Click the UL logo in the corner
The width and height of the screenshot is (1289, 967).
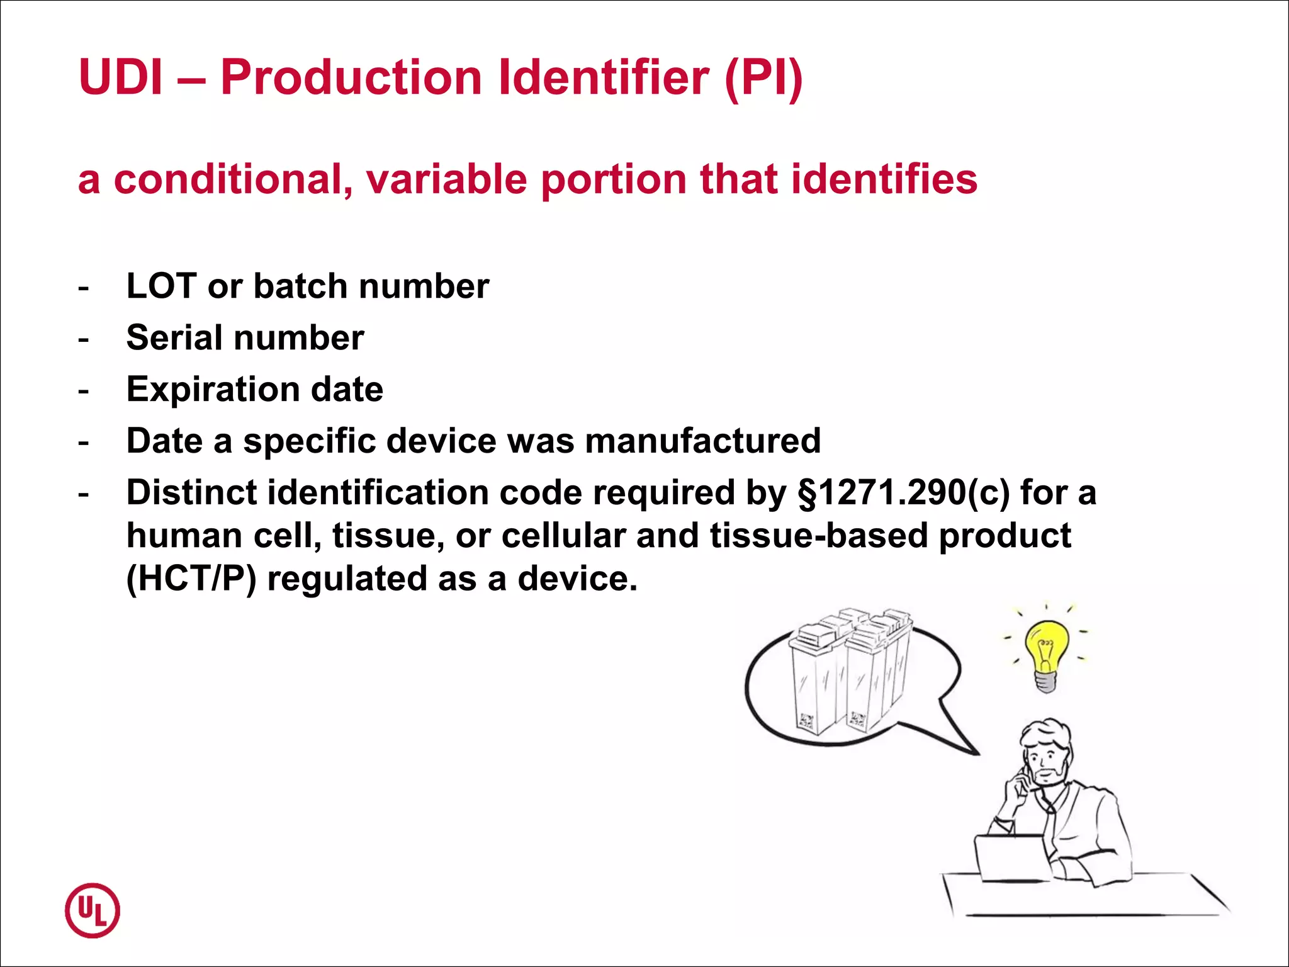92,910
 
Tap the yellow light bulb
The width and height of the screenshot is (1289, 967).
1045,655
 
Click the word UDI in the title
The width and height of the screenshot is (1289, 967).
121,77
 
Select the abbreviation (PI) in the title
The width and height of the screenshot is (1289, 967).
763,77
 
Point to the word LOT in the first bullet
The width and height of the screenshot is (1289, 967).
162,286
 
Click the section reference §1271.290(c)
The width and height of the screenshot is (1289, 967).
903,492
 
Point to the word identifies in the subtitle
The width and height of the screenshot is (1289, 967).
884,179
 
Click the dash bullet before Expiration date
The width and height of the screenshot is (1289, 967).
83,391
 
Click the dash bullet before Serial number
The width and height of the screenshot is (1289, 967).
83,339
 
